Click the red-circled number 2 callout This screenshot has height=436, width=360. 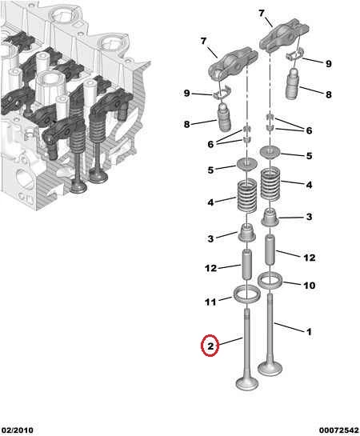click(210, 346)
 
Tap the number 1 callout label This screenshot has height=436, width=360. click(309, 331)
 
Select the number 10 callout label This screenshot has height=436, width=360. click(309, 286)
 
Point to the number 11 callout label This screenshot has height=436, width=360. click(210, 302)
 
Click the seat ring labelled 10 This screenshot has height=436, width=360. click(270, 280)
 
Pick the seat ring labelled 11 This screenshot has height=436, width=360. click(247, 294)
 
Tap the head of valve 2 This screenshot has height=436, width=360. click(247, 383)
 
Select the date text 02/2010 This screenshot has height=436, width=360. click(18, 430)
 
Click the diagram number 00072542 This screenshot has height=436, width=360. click(339, 430)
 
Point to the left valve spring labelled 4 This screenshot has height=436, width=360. click(247, 195)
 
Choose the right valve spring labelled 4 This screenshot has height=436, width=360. click(270, 183)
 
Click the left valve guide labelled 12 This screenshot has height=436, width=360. click(247, 265)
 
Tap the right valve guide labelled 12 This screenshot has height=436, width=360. click(270, 250)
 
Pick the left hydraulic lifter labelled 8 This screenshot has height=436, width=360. click(224, 117)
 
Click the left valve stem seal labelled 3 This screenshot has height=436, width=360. click(247, 232)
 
